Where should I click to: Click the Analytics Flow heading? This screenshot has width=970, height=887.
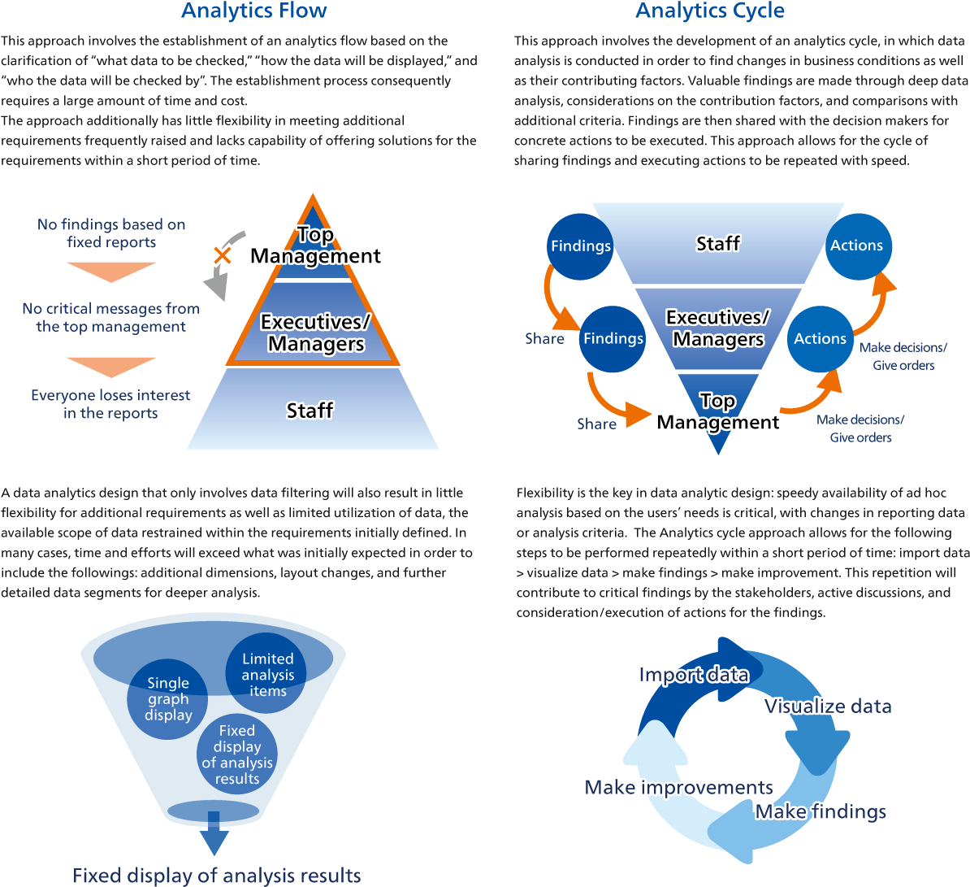tap(253, 11)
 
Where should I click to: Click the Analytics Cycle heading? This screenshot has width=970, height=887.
tap(710, 11)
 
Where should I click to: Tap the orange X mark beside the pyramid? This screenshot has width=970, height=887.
tap(222, 255)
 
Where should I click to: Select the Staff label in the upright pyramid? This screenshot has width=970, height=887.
tap(310, 411)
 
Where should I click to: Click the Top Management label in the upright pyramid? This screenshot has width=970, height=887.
tap(315, 246)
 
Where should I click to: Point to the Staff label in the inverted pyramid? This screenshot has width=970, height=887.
tap(718, 243)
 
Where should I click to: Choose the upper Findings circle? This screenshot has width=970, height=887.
tap(580, 246)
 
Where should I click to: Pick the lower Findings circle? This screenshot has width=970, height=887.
tap(613, 338)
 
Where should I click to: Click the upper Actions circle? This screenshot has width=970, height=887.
tap(856, 246)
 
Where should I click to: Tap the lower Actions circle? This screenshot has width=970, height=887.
tap(820, 338)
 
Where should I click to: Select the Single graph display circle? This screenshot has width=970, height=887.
tap(168, 699)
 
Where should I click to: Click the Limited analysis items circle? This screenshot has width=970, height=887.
tap(267, 675)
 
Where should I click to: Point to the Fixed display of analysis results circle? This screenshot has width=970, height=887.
tap(237, 754)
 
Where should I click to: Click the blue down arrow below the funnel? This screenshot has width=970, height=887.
tap(214, 837)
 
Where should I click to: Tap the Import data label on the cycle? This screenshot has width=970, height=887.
tap(693, 675)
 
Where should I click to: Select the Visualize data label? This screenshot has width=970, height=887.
tap(827, 706)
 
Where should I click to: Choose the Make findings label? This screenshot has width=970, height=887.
tap(821, 811)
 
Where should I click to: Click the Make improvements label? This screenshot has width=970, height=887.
tap(678, 787)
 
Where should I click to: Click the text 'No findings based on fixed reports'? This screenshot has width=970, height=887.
tap(111, 233)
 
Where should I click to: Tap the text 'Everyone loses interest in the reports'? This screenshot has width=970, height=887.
tap(110, 404)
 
